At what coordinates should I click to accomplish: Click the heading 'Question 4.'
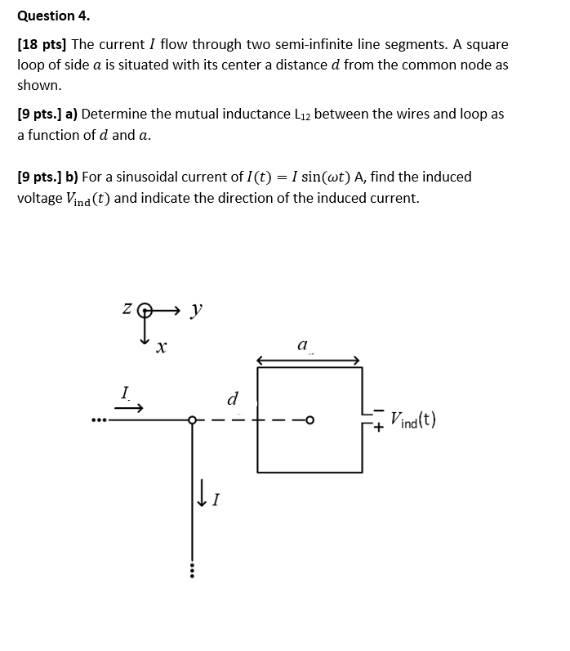pos(54,16)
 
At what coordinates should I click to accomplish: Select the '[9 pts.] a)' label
pos(47,114)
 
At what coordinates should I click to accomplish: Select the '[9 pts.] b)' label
pos(47,177)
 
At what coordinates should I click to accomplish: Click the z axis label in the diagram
pos(127,310)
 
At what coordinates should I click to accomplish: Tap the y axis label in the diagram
pos(194,309)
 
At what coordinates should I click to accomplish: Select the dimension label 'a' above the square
pos(302,347)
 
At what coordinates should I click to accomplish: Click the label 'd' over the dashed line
pos(232,399)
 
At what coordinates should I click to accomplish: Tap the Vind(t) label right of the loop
pos(412,420)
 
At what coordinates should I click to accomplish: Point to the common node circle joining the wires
pos(192,420)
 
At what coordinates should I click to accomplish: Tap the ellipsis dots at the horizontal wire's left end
pos(99,421)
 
